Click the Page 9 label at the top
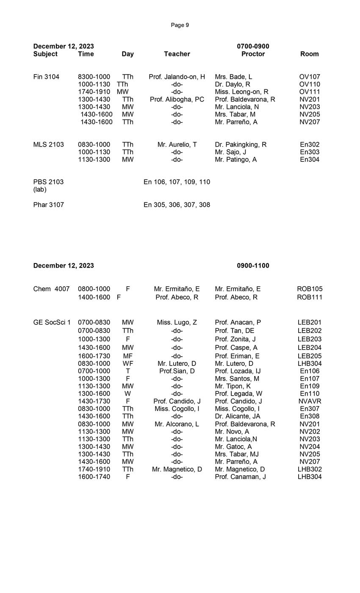pos(180,25)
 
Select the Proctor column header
pos(253,54)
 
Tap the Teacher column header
pos(177,54)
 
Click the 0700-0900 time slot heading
pos(253,46)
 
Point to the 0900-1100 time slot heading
pos(253,266)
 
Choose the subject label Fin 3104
pos(46,77)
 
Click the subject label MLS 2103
pos(48,144)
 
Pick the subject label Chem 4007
pos(51,289)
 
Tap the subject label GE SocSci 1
pos(52,322)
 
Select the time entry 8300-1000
pos(94,77)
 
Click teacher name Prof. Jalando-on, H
pos(177,77)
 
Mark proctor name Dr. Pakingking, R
pos(241,144)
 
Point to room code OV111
pos(310,92)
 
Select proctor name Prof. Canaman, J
pos(240,477)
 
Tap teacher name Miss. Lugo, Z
pos(177,322)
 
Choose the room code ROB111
pos(310,297)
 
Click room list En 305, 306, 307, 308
pos(177,205)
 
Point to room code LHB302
pos(310,469)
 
